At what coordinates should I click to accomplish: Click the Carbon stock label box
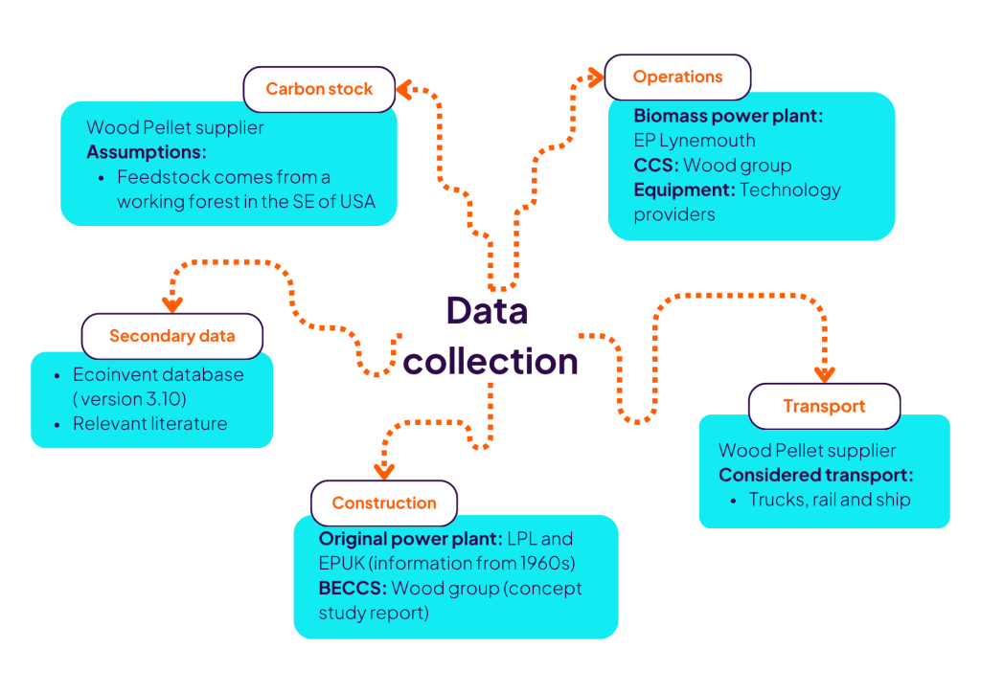pyautogui.click(x=319, y=89)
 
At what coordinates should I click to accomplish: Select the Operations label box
pyautogui.click(x=677, y=77)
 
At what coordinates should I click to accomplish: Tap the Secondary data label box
pyautogui.click(x=171, y=336)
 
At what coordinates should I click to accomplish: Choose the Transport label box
pyautogui.click(x=824, y=406)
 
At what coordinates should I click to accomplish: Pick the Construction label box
pyautogui.click(x=384, y=503)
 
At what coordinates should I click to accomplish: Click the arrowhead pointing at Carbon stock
pyautogui.click(x=404, y=89)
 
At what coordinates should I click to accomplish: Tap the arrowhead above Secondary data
pyautogui.click(x=172, y=304)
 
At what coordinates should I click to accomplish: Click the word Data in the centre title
pyautogui.click(x=487, y=311)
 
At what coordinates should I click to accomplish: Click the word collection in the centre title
pyautogui.click(x=490, y=361)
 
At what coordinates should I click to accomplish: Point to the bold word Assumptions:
pyautogui.click(x=147, y=152)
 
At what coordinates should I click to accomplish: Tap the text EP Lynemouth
pyautogui.click(x=694, y=141)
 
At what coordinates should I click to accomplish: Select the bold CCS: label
pyautogui.click(x=655, y=165)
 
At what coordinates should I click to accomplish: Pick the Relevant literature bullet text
pyautogui.click(x=150, y=423)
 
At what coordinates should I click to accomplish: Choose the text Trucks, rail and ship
pyautogui.click(x=830, y=500)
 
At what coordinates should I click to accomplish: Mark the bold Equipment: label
pyautogui.click(x=684, y=190)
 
